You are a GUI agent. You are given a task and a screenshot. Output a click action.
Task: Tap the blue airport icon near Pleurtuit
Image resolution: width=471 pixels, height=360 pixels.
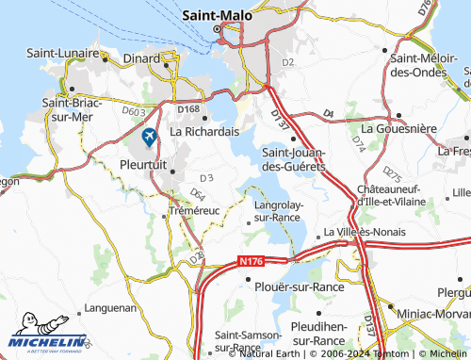click(149, 137)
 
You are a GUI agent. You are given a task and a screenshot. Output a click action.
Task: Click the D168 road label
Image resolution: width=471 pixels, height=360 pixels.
click(189, 110)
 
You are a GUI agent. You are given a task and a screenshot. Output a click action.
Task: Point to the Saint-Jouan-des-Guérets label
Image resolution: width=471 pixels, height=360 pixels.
click(293, 158)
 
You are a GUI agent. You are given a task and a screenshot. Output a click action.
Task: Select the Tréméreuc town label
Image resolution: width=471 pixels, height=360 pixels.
click(193, 210)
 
